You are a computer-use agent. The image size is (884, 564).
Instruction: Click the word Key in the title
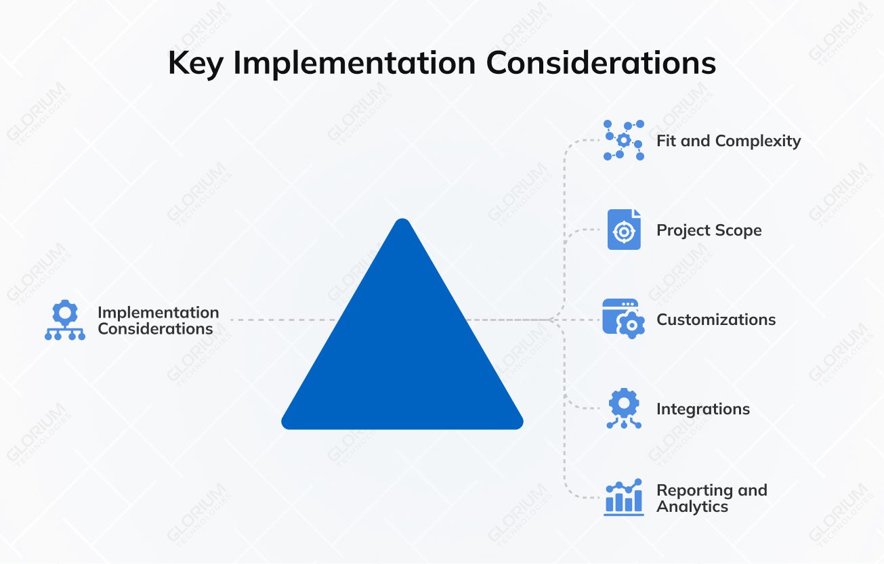pyautogui.click(x=195, y=63)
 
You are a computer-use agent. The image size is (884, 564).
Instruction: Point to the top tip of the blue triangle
pyautogui.click(x=402, y=221)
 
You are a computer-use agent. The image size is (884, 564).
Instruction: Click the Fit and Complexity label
pyautogui.click(x=728, y=141)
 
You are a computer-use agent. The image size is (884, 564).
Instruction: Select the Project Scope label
pyautogui.click(x=709, y=230)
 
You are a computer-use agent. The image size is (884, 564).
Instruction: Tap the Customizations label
pyautogui.click(x=716, y=320)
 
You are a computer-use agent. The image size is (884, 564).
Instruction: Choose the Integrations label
pyautogui.click(x=702, y=409)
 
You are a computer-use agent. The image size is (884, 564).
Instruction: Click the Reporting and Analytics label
pyautogui.click(x=711, y=498)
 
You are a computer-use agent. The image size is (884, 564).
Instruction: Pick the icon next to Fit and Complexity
pyautogui.click(x=623, y=141)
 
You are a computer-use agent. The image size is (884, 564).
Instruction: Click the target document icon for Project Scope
pyautogui.click(x=623, y=230)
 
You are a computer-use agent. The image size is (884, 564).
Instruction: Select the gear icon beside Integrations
pyautogui.click(x=623, y=408)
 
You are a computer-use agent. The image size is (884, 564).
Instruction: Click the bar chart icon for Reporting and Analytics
pyautogui.click(x=623, y=498)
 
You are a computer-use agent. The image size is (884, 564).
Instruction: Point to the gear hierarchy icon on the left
pyautogui.click(x=65, y=320)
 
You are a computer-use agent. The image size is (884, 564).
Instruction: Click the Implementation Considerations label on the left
pyautogui.click(x=158, y=320)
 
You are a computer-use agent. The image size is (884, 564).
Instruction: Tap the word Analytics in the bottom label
pyautogui.click(x=692, y=506)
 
